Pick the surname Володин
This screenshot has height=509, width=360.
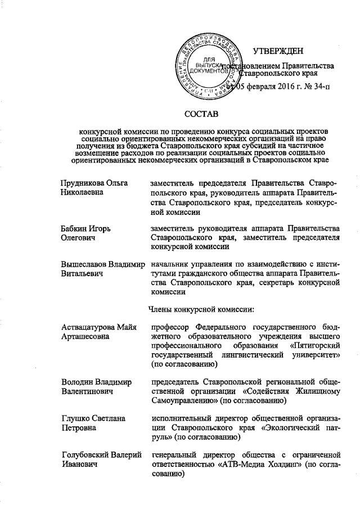tap(78, 381)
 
